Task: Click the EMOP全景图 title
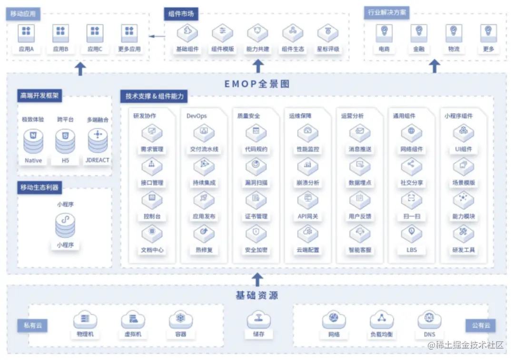click(x=257, y=84)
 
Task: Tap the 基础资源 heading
click(x=257, y=295)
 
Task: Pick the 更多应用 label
click(x=129, y=49)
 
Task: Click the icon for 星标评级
click(x=328, y=33)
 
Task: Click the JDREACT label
click(x=98, y=160)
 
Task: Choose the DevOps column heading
click(x=197, y=116)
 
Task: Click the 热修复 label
click(x=204, y=250)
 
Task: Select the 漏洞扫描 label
click(x=256, y=183)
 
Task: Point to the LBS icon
click(x=411, y=233)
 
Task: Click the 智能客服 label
click(x=360, y=250)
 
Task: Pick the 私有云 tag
click(x=33, y=326)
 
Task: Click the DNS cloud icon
click(x=429, y=320)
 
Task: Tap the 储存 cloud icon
click(x=258, y=320)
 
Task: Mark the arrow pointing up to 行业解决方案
click(x=434, y=66)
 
